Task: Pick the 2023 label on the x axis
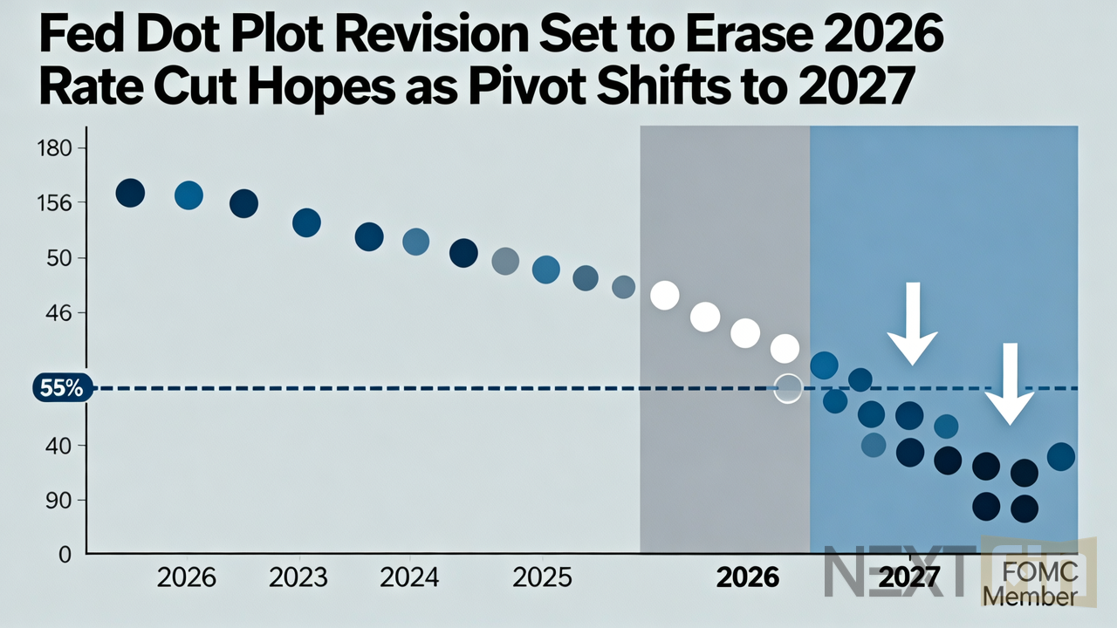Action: point(298,577)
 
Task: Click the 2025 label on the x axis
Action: point(542,577)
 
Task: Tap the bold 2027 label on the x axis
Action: point(909,577)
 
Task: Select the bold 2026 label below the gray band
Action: point(747,577)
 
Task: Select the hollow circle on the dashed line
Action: point(788,389)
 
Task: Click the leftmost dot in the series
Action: point(130,193)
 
